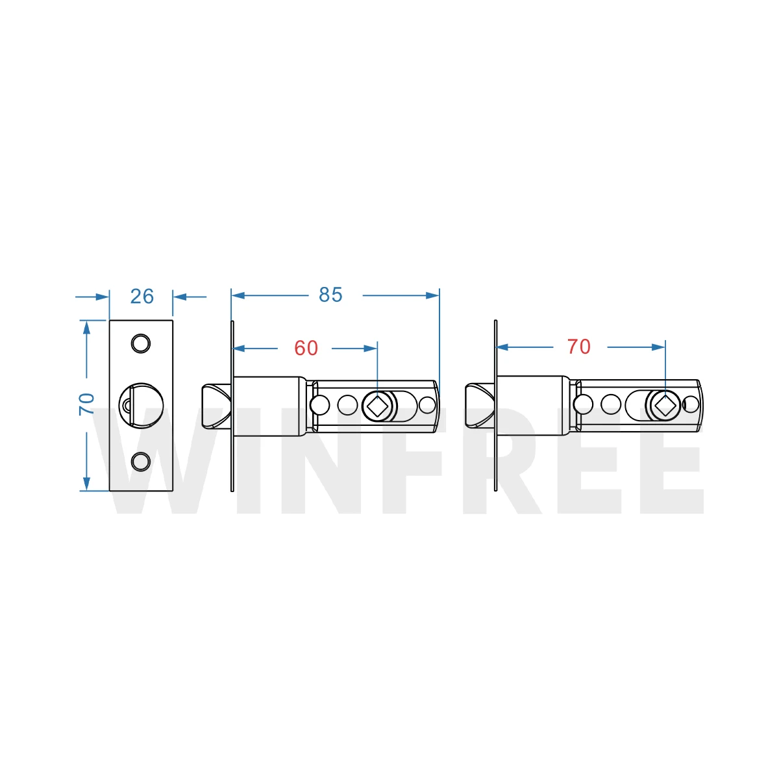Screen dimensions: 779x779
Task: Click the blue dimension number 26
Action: [x=142, y=297]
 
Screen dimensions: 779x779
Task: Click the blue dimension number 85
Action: [x=330, y=295]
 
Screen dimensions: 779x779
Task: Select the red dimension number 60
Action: [x=306, y=349]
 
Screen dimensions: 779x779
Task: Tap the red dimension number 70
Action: [x=578, y=347]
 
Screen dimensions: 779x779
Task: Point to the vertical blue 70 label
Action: [x=86, y=404]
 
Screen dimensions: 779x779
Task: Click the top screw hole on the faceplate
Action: [x=140, y=343]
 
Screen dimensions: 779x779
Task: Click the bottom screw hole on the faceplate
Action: [x=140, y=462]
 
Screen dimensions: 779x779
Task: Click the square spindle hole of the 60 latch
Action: [x=378, y=406]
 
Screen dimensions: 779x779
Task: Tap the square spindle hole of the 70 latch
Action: [x=663, y=406]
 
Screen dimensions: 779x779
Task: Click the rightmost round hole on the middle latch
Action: [x=427, y=405]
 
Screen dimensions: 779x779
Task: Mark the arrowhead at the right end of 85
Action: [x=433, y=295]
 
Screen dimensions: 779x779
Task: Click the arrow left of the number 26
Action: [x=101, y=297]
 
